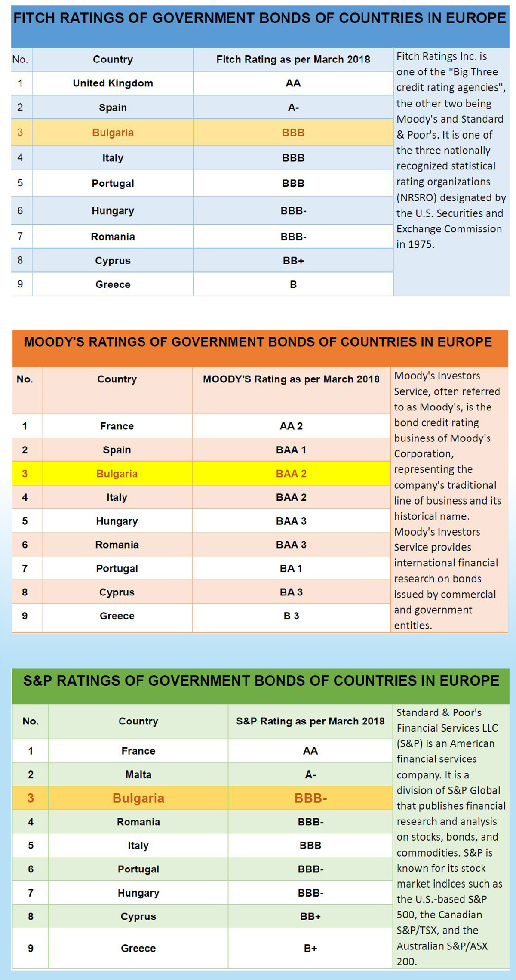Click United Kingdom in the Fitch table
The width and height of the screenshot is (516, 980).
pos(113,83)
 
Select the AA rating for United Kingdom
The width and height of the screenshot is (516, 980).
pos(293,83)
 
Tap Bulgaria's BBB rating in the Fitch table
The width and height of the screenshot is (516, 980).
pos(293,133)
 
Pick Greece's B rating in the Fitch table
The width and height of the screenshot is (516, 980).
pos(293,284)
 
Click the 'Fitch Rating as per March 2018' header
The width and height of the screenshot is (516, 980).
pos(293,59)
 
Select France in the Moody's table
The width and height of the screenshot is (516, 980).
pos(117,426)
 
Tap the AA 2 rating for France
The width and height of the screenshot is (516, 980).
pos(291,426)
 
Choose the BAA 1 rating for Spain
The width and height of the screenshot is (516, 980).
pos(291,450)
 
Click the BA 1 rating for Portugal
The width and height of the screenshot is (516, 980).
pos(291,568)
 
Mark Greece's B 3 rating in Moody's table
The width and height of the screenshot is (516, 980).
pos(291,616)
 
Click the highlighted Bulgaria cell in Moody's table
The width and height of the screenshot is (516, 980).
pos(117,473)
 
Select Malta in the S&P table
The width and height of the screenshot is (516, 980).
pos(138,774)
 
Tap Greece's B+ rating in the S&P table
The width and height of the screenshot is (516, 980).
pos(310,948)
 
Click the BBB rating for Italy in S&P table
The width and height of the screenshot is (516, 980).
pos(310,845)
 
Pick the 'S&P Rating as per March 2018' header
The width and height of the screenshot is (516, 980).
pos(310,721)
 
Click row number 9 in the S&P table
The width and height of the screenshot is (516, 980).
pos(31,948)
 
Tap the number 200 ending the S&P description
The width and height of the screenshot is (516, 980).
pos(406,961)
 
